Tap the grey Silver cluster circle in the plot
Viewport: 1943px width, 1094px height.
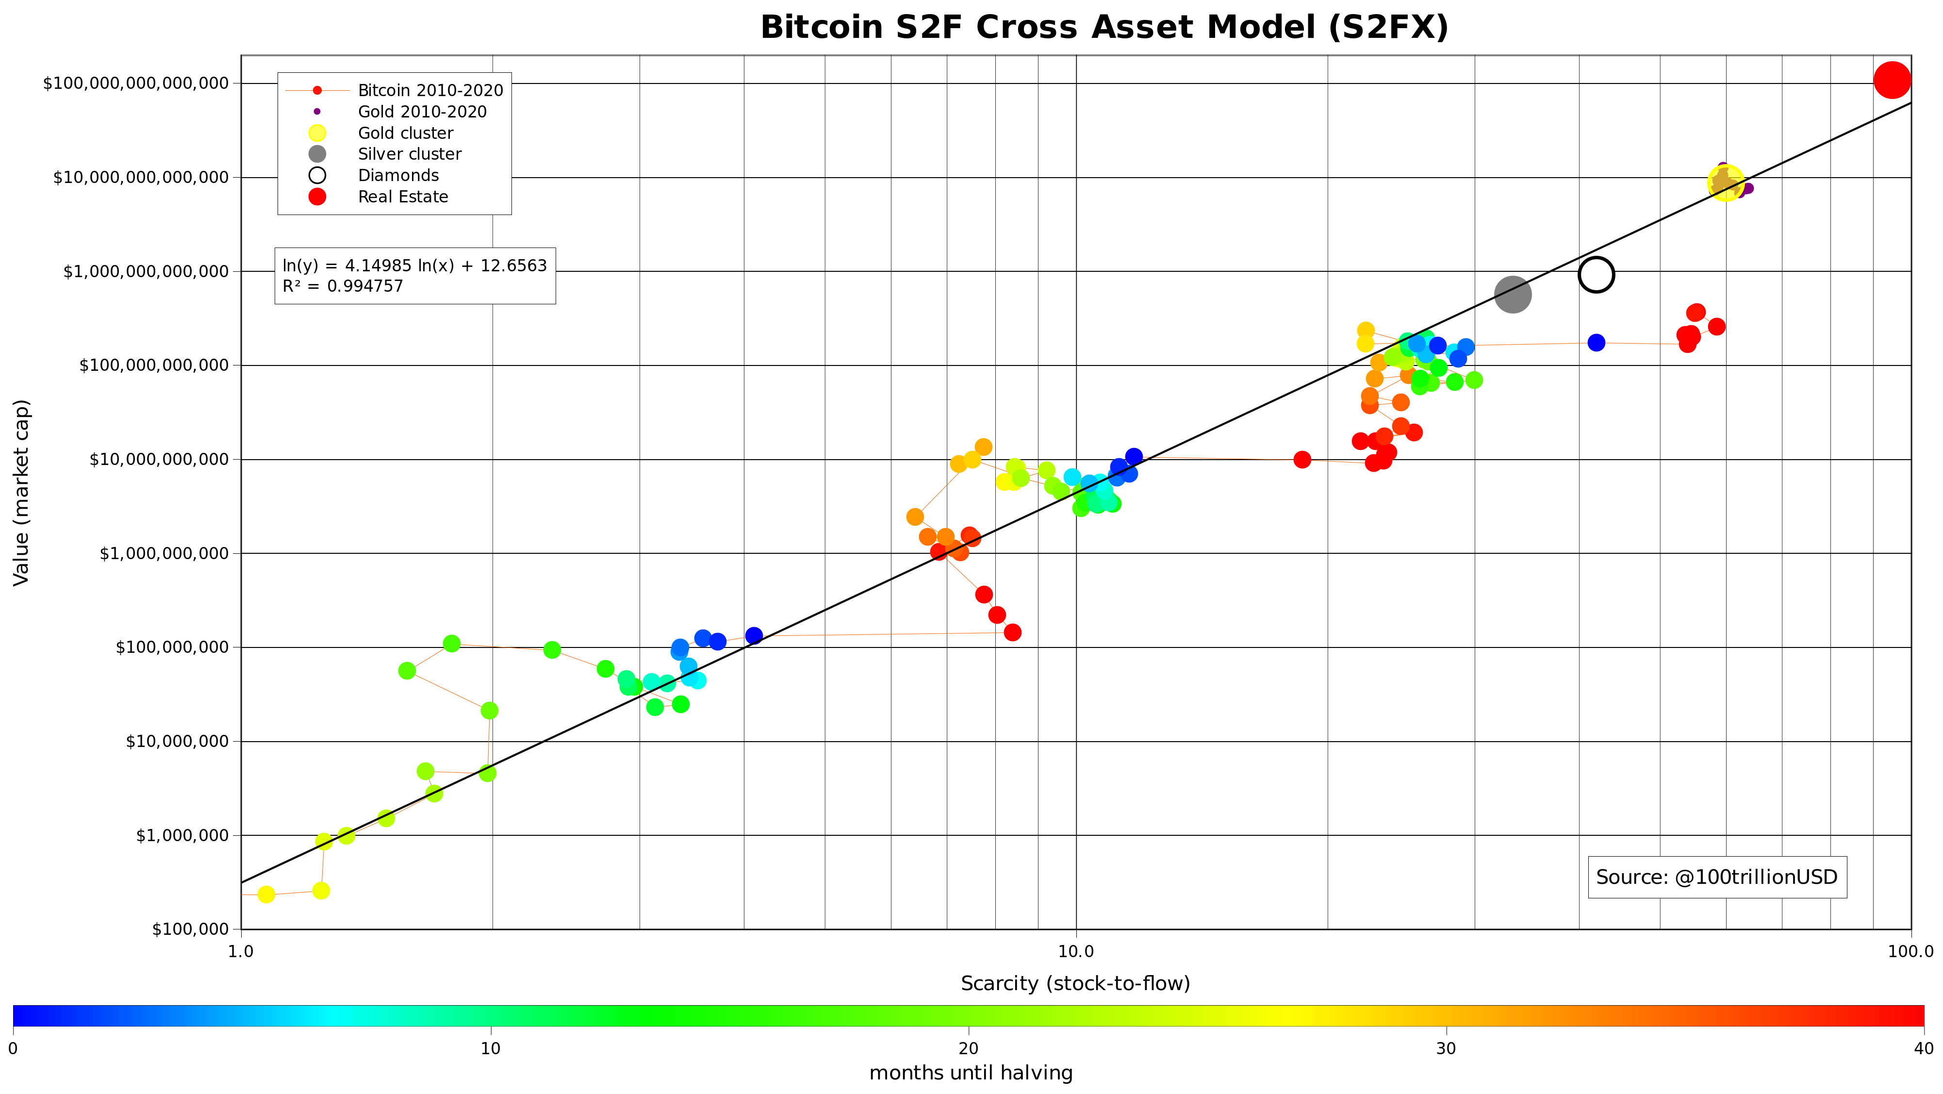(x=1512, y=294)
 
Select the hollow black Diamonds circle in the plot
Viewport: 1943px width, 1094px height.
(x=1596, y=275)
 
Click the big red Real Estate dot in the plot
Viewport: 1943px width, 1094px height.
(x=1892, y=80)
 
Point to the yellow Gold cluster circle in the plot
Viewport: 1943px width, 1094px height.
(x=1725, y=182)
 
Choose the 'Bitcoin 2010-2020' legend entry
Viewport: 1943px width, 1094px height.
(x=430, y=91)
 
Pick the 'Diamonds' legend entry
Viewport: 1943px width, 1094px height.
(x=397, y=176)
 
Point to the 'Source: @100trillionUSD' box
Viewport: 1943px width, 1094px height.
(x=1717, y=877)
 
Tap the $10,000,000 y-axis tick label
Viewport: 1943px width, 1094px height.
(x=177, y=742)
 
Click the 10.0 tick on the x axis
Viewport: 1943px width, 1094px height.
(x=1075, y=951)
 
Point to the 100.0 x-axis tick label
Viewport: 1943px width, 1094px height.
(x=1910, y=951)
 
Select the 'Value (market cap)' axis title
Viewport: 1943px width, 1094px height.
(x=21, y=492)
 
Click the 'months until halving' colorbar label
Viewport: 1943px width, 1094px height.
(x=971, y=1073)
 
